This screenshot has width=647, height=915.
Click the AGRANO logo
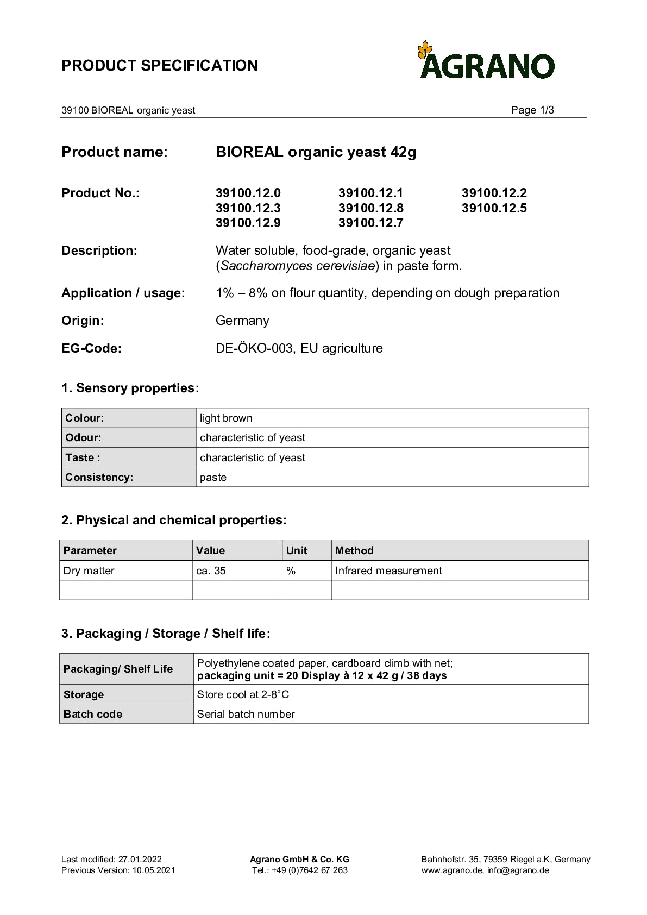click(486, 61)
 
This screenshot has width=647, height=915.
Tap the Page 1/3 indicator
click(532, 110)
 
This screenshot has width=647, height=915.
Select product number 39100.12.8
click(370, 208)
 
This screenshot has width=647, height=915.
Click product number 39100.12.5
click(494, 208)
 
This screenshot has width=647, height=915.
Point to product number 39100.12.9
click(248, 223)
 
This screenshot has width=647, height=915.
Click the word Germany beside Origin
click(242, 321)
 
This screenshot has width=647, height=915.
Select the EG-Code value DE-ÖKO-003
click(254, 348)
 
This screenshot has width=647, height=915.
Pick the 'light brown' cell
click(226, 418)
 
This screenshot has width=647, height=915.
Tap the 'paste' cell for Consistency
click(213, 477)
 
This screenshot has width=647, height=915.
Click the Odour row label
click(83, 437)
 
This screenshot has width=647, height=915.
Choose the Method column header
click(354, 550)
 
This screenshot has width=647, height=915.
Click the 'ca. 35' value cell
click(211, 571)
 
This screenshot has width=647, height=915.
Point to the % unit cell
click(291, 571)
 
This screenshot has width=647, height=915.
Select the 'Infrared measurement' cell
click(388, 571)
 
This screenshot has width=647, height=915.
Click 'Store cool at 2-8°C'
click(243, 694)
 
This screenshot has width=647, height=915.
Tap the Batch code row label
click(93, 714)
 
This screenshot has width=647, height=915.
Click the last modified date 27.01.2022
click(140, 859)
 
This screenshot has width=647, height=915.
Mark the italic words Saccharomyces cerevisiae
click(298, 266)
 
